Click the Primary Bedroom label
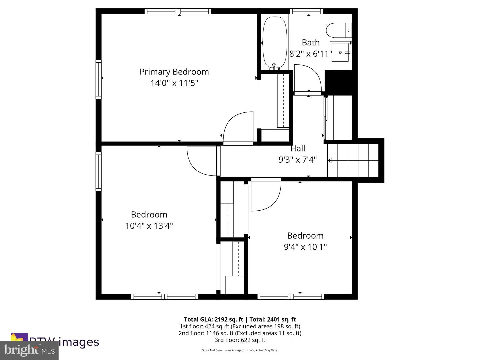point(174,72)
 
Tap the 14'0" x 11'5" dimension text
point(174,83)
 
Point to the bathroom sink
point(340,52)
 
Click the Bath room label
point(311,43)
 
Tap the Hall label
point(298,148)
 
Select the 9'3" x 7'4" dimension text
point(298,160)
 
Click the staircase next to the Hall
point(353,160)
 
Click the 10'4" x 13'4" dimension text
point(149,226)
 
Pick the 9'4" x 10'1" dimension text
point(305,247)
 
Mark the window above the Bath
point(306,11)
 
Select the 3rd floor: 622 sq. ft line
point(240,340)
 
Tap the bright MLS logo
point(29,350)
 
